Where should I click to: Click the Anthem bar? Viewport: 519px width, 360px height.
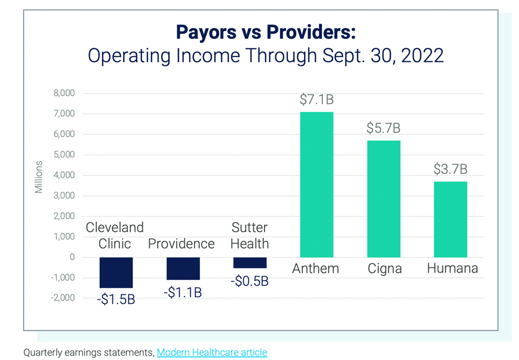(316, 184)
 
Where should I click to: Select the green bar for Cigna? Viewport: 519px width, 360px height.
(383, 199)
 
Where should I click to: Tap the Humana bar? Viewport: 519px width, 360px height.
(450, 219)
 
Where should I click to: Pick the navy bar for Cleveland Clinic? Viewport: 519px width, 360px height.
(116, 272)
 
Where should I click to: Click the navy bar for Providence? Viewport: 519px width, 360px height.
(183, 269)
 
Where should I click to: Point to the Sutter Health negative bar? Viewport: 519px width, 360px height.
(250, 263)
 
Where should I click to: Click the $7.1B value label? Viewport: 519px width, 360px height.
(317, 100)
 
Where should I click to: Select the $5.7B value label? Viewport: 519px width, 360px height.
(383, 128)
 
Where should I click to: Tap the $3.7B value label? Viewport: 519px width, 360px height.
(450, 169)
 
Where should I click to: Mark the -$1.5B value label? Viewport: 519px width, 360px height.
(116, 301)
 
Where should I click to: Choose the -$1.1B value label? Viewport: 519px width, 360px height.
(182, 292)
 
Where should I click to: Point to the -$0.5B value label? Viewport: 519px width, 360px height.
(250, 281)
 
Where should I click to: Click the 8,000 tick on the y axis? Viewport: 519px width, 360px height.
(63, 94)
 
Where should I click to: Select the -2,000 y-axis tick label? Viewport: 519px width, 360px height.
(62, 298)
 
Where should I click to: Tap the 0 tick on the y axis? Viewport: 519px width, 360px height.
(72, 257)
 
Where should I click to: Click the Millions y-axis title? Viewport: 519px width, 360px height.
(39, 176)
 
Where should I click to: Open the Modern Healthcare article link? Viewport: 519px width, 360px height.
(212, 352)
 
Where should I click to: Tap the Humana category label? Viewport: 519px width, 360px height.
(452, 269)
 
